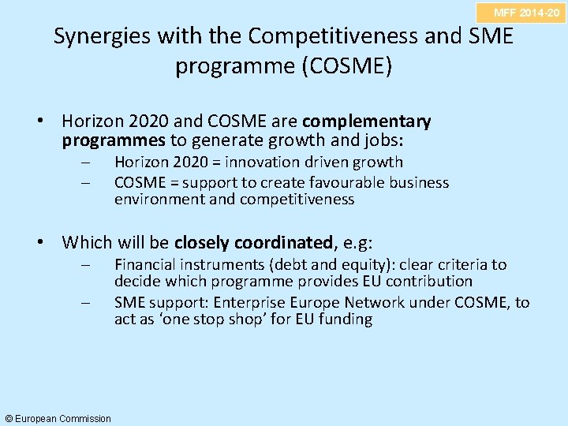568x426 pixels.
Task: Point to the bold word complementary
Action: [x=367, y=122]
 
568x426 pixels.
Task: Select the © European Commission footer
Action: [x=58, y=418]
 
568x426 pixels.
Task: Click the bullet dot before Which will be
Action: [x=49, y=243]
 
